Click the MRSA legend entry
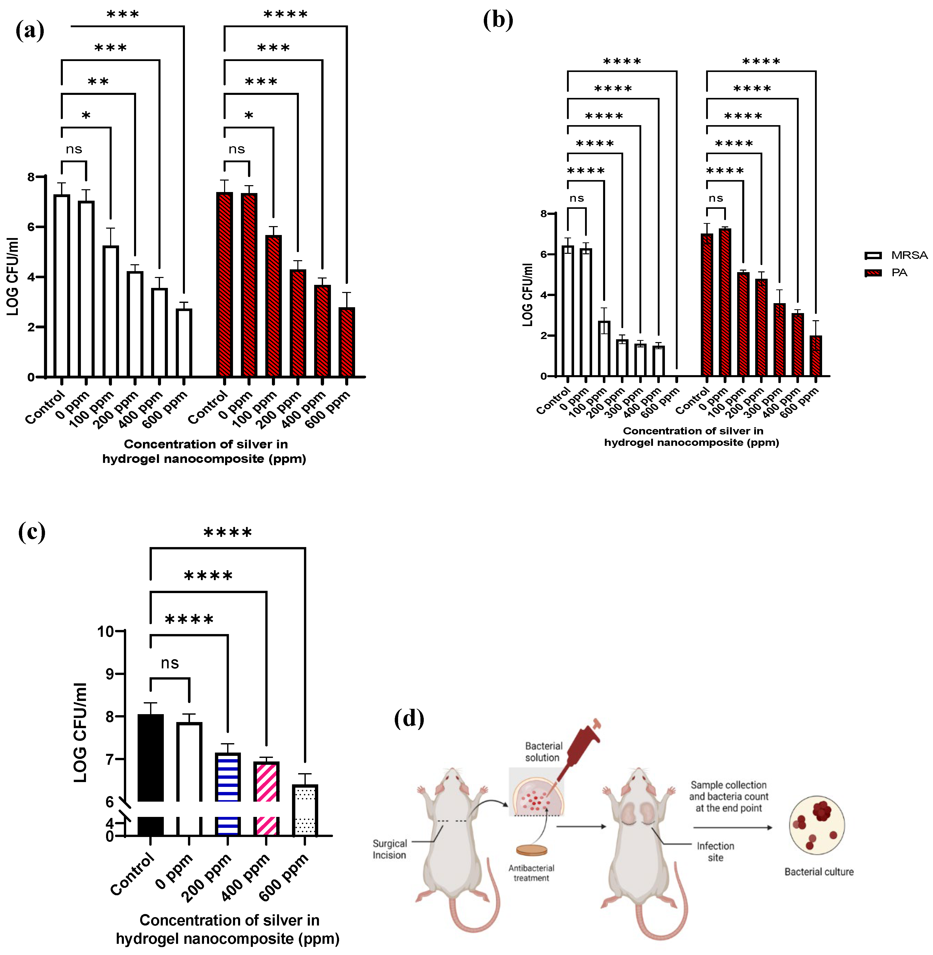tap(896, 255)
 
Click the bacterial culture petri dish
tap(817, 825)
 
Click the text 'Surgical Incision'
tap(390, 849)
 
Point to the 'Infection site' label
tap(716, 851)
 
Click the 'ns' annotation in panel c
tap(170, 663)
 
